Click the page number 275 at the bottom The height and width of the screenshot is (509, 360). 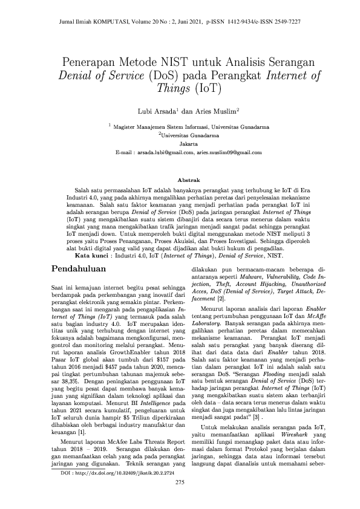point(180,482)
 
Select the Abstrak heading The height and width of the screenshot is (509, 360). point(180,180)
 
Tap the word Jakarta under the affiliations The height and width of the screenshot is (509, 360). point(180,145)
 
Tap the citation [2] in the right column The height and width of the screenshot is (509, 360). point(223,298)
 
